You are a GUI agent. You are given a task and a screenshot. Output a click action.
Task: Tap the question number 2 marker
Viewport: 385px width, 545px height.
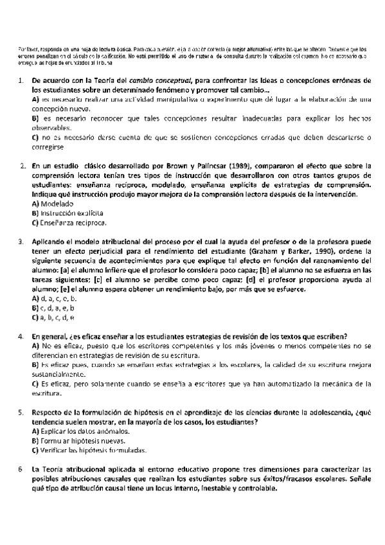point(22,165)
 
